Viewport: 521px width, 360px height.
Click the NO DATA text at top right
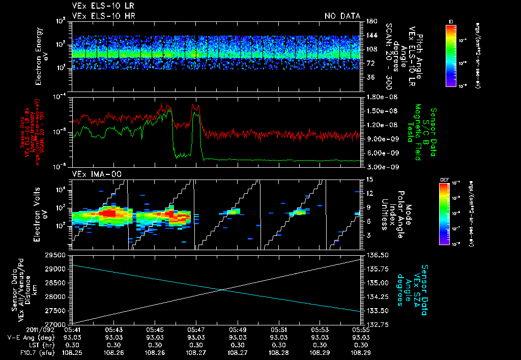coord(342,16)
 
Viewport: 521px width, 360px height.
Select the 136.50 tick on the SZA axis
coord(375,255)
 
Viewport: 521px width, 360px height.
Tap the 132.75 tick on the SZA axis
coord(375,324)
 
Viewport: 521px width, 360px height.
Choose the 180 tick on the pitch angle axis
coord(370,21)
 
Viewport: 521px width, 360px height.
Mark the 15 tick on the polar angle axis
coord(369,179)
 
